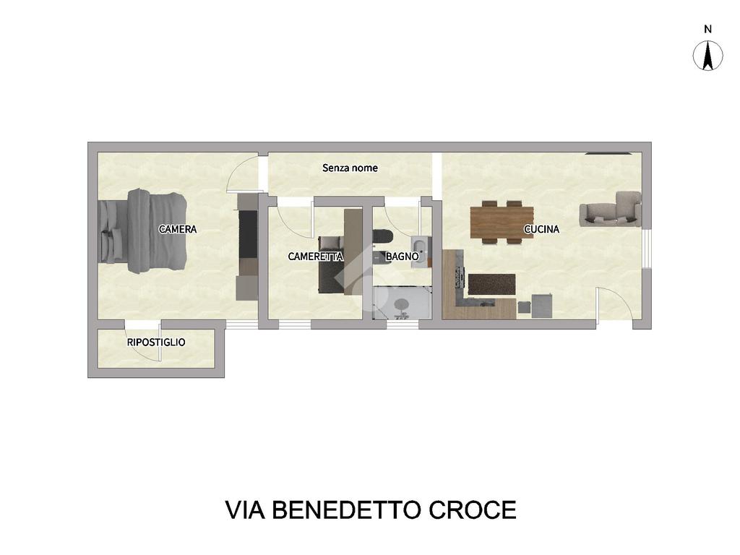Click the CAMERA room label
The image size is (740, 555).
(178, 229)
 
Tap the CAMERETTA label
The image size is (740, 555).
(315, 257)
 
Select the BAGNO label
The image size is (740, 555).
(402, 257)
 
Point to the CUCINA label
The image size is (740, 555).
(541, 229)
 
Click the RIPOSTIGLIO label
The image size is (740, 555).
(156, 342)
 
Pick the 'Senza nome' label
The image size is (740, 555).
(350, 168)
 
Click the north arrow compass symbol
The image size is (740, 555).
(707, 56)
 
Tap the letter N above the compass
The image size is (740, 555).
(707, 29)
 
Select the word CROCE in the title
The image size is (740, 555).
(473, 510)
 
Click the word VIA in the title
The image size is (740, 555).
(245, 510)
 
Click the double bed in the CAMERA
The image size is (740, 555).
(142, 231)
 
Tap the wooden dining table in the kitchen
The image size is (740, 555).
(502, 223)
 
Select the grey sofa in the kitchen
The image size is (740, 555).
(611, 209)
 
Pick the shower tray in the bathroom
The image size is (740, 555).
(402, 303)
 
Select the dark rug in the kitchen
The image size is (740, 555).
(491, 285)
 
